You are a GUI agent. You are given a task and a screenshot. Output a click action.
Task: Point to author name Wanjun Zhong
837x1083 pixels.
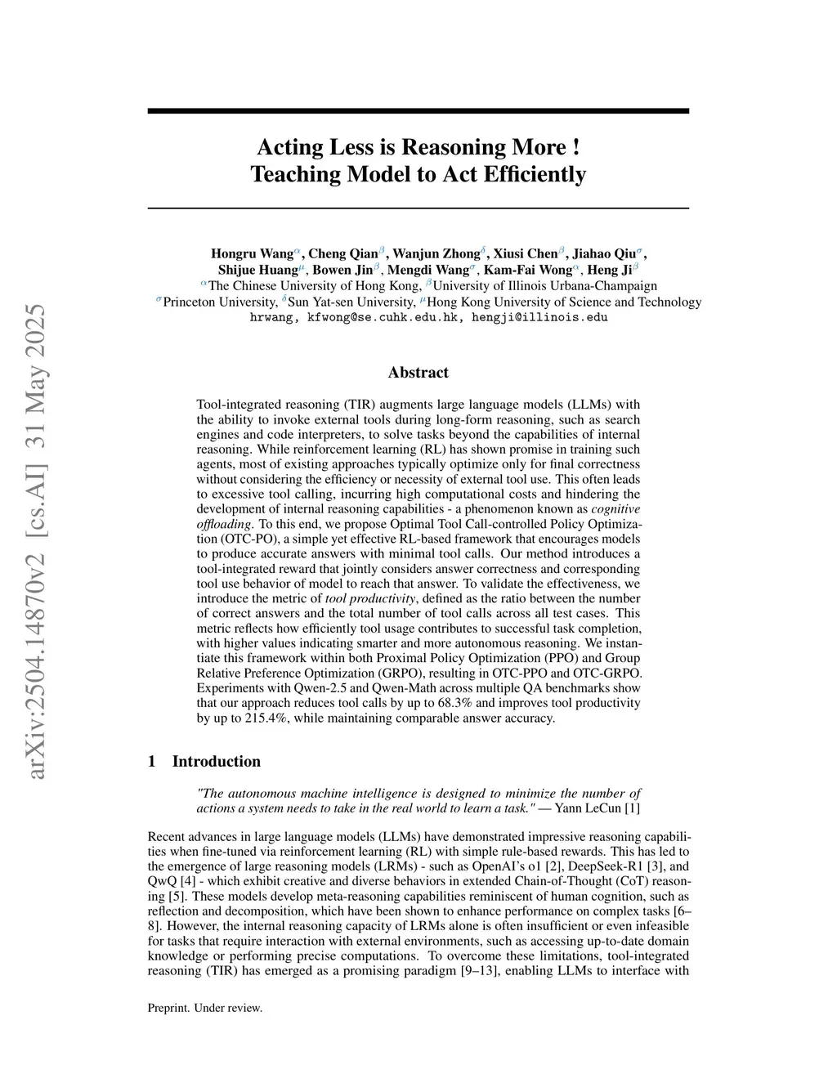point(436,253)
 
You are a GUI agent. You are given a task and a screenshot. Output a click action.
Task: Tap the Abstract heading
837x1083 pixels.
point(418,373)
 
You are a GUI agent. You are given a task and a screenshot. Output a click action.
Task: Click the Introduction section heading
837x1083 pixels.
point(216,762)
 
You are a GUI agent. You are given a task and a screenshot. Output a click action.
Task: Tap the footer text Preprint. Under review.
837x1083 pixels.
point(204,1008)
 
